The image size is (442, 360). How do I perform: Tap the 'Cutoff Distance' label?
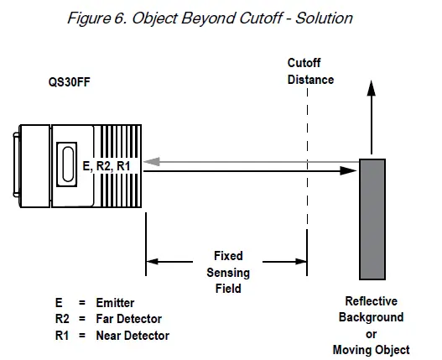pos(310,72)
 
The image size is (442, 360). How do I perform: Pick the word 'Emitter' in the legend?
pos(115,303)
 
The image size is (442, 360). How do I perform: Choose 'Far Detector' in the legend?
pos(129,319)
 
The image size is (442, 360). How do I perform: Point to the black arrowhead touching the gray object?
pos(351,171)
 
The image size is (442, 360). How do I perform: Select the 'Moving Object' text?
pos(372,349)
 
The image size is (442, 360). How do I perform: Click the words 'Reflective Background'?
pos(372,309)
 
